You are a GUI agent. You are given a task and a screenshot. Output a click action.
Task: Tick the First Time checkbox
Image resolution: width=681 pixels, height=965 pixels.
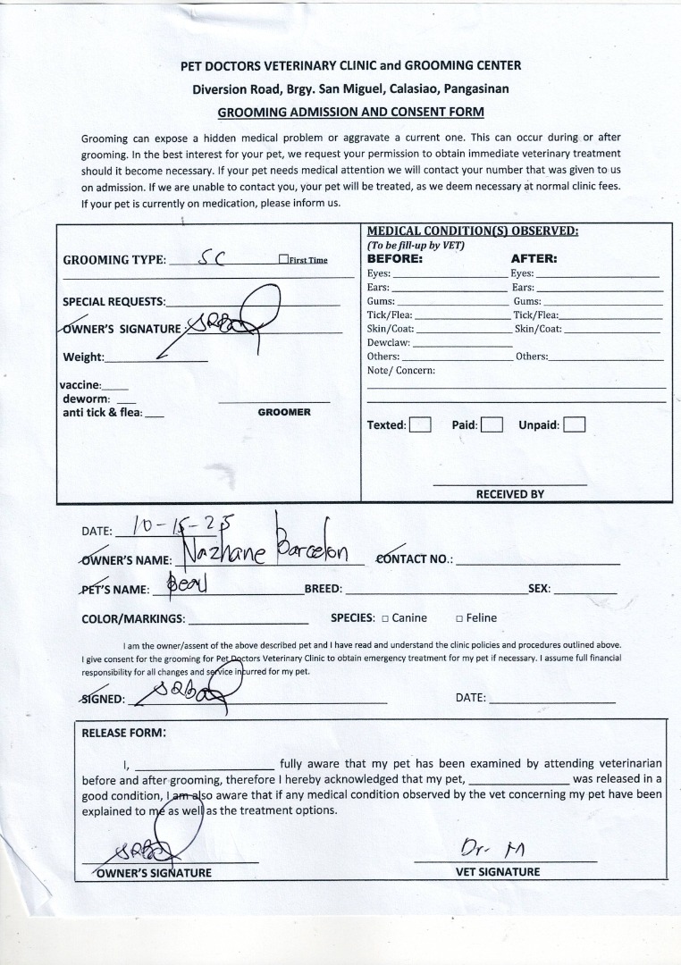[283, 260]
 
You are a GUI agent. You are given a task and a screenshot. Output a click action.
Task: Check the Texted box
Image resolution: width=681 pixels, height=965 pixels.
[420, 425]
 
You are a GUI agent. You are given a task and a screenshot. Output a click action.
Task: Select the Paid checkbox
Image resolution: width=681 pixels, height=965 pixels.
[491, 425]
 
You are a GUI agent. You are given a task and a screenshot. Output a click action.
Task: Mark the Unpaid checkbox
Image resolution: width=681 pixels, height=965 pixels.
[574, 425]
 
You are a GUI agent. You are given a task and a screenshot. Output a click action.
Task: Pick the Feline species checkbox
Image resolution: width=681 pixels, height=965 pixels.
[458, 618]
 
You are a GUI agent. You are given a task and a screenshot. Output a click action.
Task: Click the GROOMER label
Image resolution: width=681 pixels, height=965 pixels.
[284, 412]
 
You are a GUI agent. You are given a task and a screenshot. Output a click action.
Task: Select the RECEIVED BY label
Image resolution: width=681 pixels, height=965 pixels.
[509, 494]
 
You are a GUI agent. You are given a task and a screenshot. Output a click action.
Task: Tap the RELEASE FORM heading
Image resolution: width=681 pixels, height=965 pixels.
[123, 733]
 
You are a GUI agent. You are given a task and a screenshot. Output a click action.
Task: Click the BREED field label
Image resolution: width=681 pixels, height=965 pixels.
[324, 590]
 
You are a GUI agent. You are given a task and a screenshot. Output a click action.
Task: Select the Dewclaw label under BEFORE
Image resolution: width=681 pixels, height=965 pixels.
[389, 342]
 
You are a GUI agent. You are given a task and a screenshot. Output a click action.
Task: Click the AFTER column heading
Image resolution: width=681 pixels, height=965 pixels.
[534, 258]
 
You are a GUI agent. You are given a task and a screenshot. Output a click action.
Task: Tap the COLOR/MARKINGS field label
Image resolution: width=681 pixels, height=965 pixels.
[133, 618]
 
